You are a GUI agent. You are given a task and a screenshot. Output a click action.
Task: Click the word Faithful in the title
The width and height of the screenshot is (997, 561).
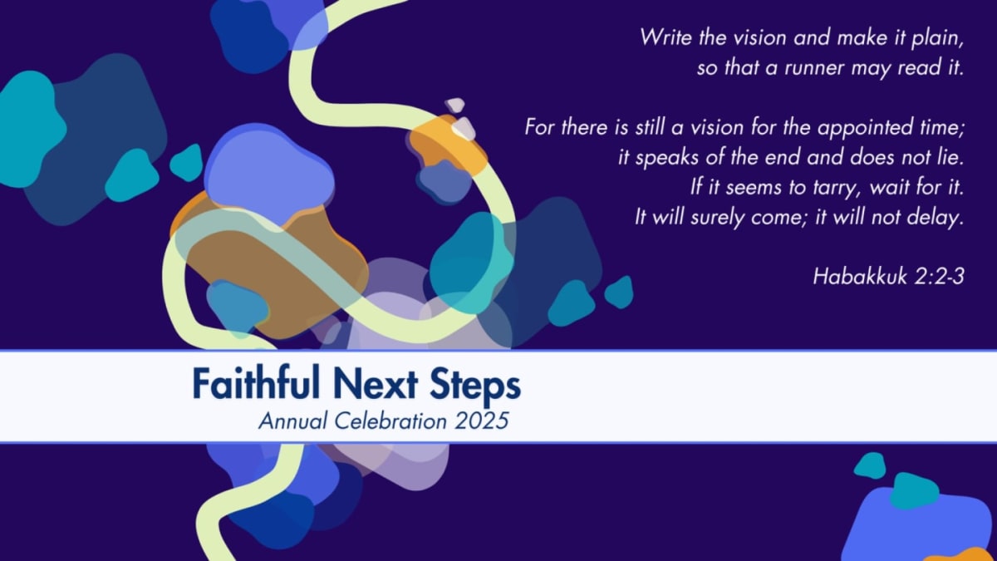pyautogui.click(x=256, y=383)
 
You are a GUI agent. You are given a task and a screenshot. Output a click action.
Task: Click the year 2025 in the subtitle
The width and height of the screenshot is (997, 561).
pyautogui.click(x=482, y=421)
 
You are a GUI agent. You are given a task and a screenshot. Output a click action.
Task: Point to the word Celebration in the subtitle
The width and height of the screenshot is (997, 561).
pyautogui.click(x=390, y=421)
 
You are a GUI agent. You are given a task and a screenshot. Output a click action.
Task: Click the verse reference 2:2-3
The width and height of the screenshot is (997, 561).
pyautogui.click(x=940, y=277)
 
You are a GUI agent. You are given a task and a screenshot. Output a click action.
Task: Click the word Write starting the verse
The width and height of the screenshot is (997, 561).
pyautogui.click(x=666, y=37)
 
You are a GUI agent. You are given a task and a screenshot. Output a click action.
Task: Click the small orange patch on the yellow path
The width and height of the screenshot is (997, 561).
pyautogui.click(x=447, y=143)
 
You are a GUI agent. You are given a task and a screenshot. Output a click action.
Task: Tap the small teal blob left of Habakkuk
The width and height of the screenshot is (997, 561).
pyautogui.click(x=619, y=292)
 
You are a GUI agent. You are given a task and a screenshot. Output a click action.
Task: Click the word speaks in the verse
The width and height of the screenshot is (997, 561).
pyautogui.click(x=666, y=159)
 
